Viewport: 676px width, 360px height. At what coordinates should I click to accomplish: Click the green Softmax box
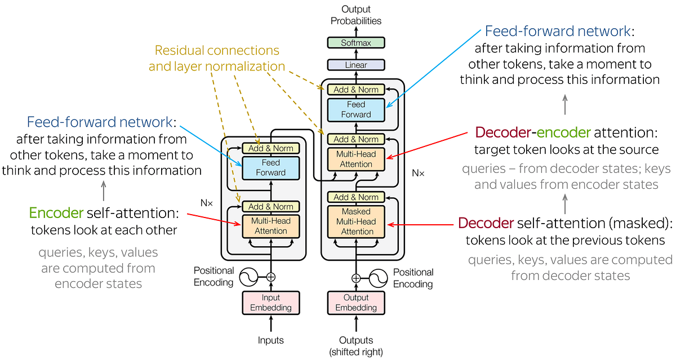[x=356, y=43]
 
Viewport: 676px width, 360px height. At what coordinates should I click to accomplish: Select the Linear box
[x=356, y=65]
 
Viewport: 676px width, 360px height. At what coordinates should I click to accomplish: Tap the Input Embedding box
[x=271, y=303]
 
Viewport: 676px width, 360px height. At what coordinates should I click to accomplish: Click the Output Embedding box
[x=356, y=303]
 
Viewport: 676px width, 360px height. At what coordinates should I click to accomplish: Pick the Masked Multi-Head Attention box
[x=356, y=221]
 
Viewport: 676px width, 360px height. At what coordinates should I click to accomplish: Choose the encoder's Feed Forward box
[x=271, y=167]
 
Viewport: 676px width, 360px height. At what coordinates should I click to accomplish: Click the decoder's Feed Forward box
[x=356, y=109]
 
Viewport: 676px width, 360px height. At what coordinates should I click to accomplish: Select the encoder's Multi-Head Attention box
[x=271, y=226]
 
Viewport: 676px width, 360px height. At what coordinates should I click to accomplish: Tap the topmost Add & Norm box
[x=356, y=90]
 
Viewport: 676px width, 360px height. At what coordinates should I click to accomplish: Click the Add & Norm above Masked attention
[x=356, y=197]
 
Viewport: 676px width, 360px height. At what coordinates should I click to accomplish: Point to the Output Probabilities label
[x=356, y=15]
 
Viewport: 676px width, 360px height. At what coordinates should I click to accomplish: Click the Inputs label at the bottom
[x=271, y=340]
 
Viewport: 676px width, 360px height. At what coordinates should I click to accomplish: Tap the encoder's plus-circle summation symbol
[x=271, y=277]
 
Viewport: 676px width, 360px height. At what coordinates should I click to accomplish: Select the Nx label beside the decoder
[x=418, y=173]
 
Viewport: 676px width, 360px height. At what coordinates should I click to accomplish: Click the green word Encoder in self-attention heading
[x=56, y=213]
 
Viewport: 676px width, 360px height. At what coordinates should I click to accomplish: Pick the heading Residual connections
[x=217, y=50]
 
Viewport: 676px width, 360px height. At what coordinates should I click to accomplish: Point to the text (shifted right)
[x=356, y=352]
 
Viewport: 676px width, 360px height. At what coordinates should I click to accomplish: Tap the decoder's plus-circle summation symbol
[x=356, y=278]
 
